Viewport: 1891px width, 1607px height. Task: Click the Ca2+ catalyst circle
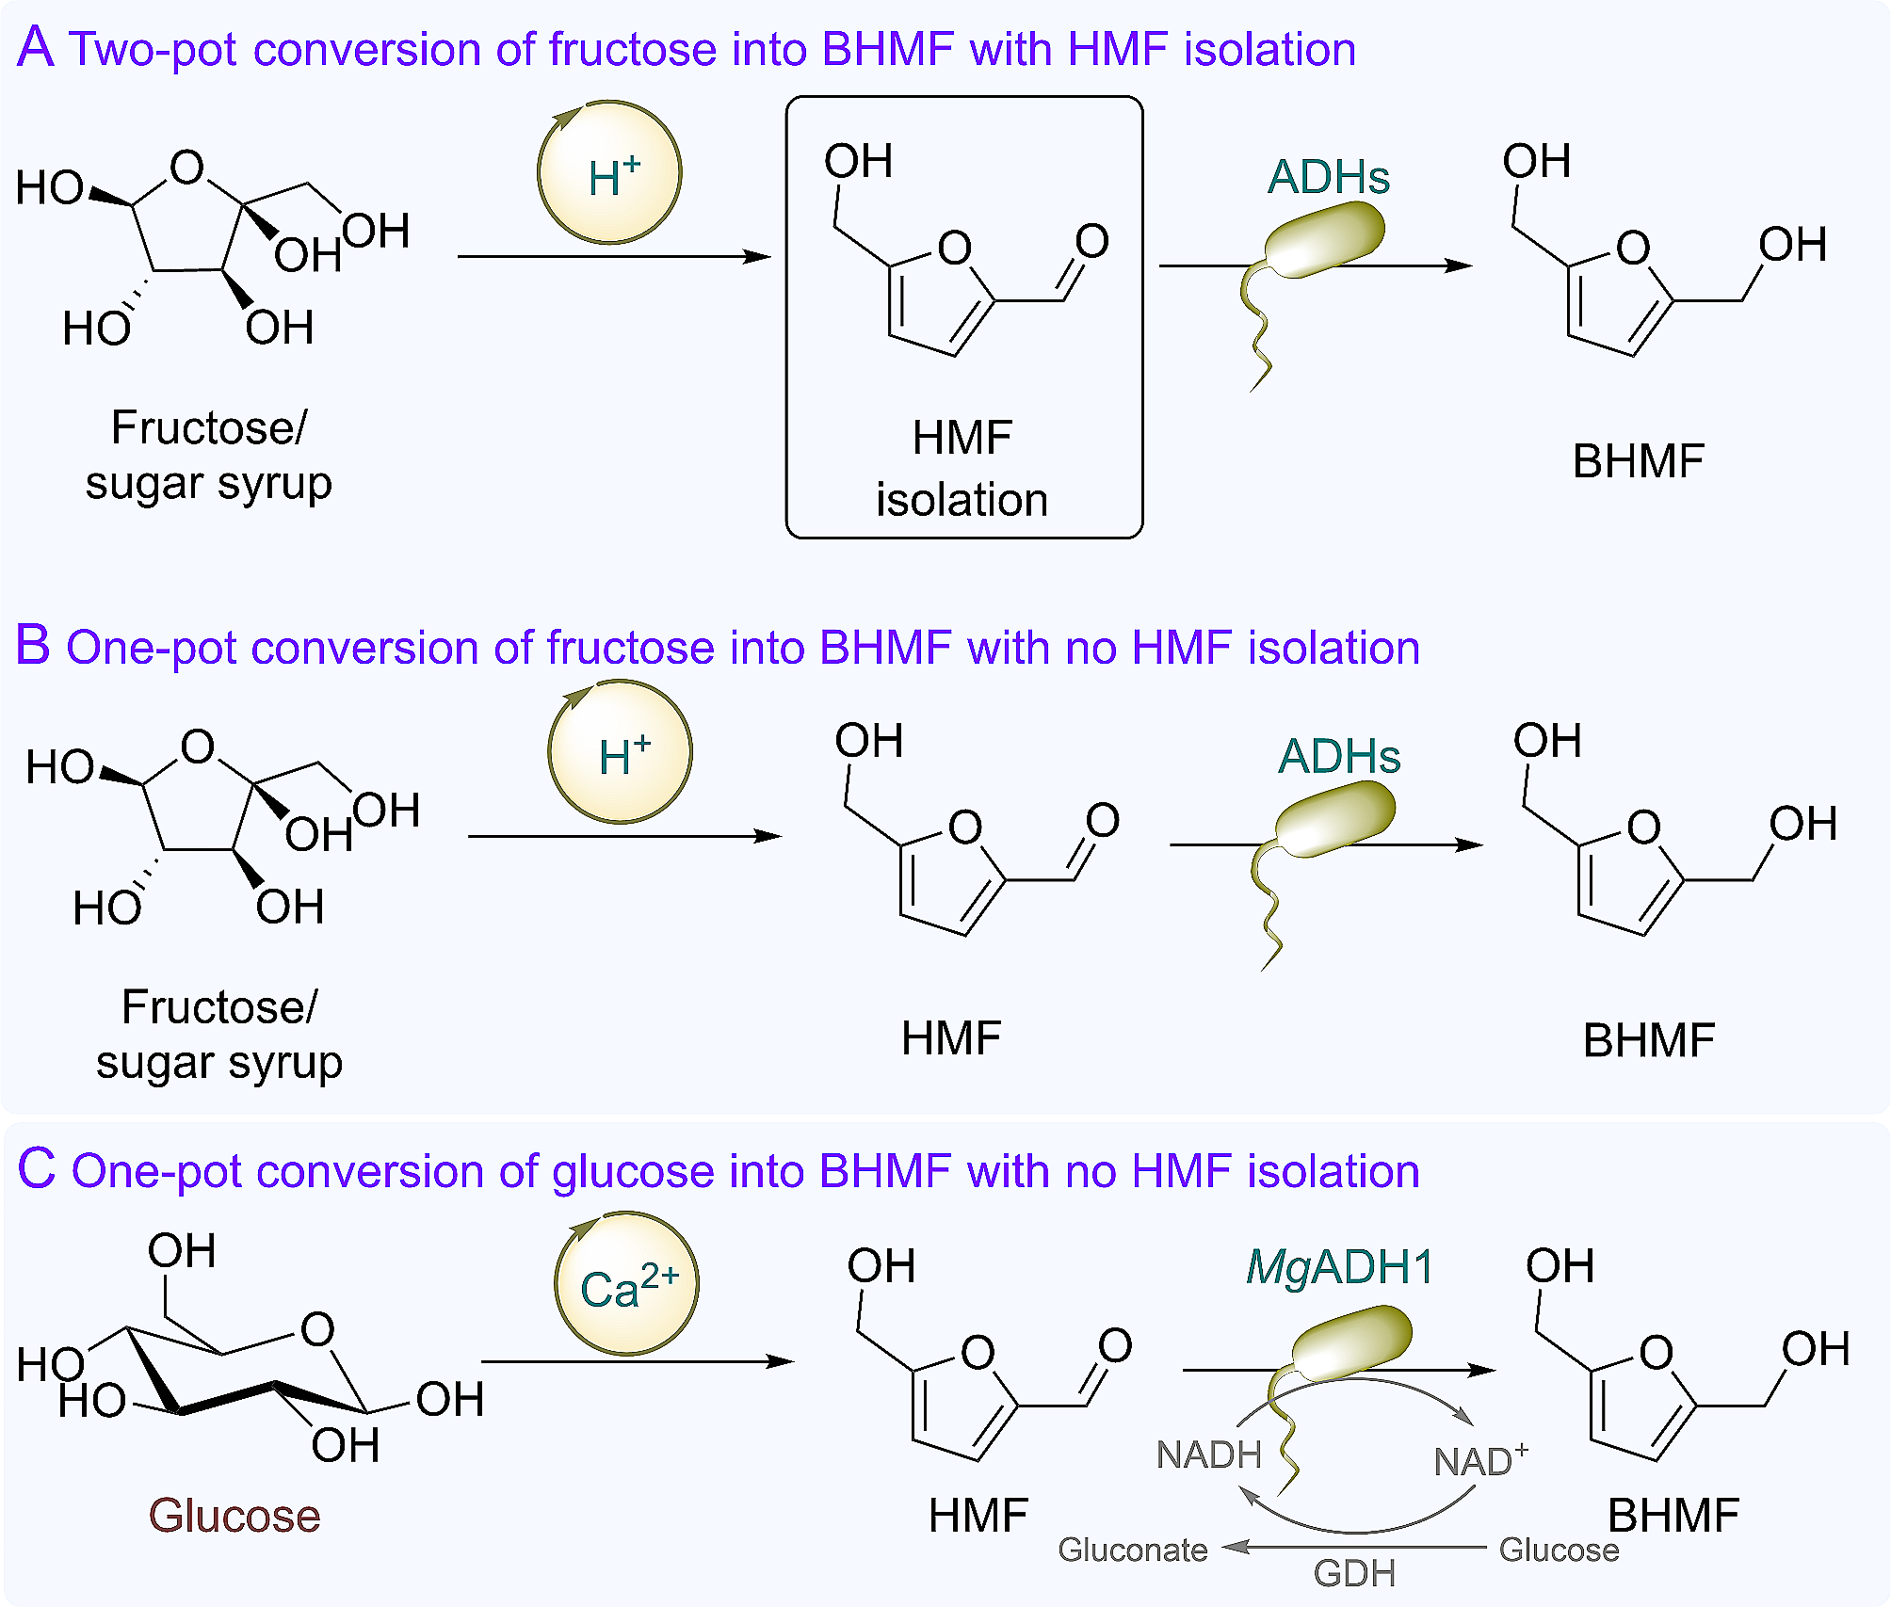point(627,1284)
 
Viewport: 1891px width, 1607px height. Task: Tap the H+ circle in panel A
point(610,173)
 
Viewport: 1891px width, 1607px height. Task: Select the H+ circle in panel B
point(621,752)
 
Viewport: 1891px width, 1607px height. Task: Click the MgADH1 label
point(1339,1266)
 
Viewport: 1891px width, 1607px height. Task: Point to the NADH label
point(1208,1454)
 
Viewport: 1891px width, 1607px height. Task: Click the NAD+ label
point(1479,1460)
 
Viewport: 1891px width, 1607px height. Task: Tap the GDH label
point(1354,1573)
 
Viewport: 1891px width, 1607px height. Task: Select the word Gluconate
point(1132,1550)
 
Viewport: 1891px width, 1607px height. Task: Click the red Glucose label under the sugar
point(234,1516)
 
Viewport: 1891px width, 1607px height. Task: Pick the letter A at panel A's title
point(36,47)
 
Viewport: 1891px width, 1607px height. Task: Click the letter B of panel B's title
point(33,646)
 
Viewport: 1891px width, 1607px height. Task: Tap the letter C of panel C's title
point(37,1169)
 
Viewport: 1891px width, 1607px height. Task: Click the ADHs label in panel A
point(1328,177)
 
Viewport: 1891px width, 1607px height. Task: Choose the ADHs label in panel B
point(1339,756)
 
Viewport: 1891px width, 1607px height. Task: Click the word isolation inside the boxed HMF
point(962,499)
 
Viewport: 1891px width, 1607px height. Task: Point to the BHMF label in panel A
point(1638,461)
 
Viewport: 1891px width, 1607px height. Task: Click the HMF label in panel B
point(950,1038)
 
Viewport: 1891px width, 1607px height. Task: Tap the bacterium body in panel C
point(1352,1342)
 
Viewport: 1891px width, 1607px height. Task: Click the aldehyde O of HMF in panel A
point(1092,241)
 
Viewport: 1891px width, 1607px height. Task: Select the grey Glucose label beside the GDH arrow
point(1559,1550)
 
